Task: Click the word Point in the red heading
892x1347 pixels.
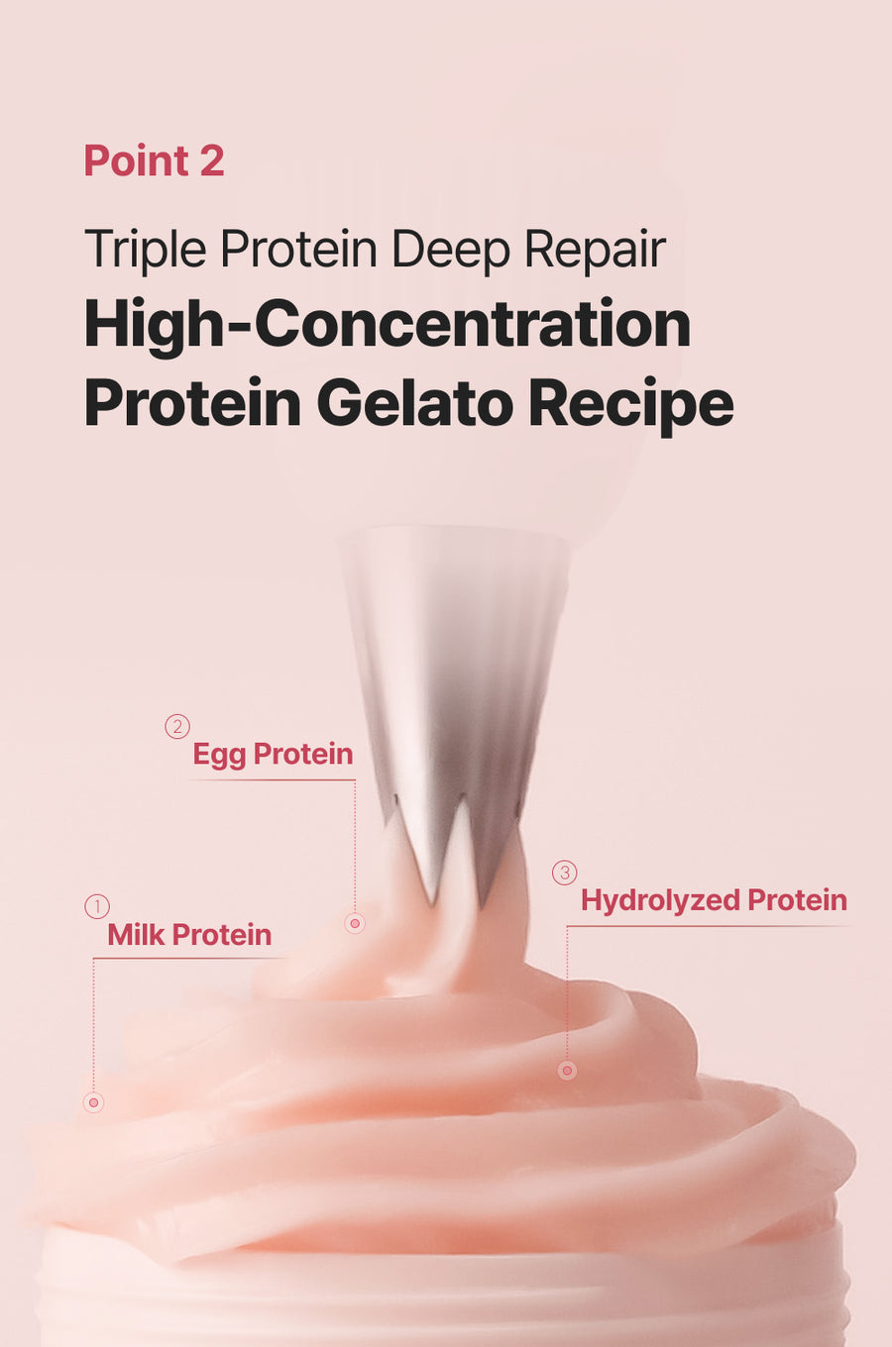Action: click(x=137, y=160)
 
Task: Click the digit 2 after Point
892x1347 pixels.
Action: click(x=212, y=160)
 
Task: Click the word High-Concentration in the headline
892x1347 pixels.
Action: click(x=387, y=325)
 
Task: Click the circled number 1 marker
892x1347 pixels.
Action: click(x=97, y=906)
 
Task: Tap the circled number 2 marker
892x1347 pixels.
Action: click(x=177, y=726)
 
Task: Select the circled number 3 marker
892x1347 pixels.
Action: click(x=565, y=873)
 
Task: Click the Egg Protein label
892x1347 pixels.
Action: click(x=273, y=754)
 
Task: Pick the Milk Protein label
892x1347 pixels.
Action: click(x=189, y=935)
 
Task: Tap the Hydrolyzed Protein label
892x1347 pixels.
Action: click(x=714, y=900)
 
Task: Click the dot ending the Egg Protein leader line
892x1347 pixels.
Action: click(x=355, y=923)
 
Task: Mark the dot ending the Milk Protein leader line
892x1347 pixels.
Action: click(x=93, y=1102)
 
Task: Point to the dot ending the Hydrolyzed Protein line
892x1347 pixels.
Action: click(x=567, y=1071)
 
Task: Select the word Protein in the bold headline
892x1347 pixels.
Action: click(x=192, y=403)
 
